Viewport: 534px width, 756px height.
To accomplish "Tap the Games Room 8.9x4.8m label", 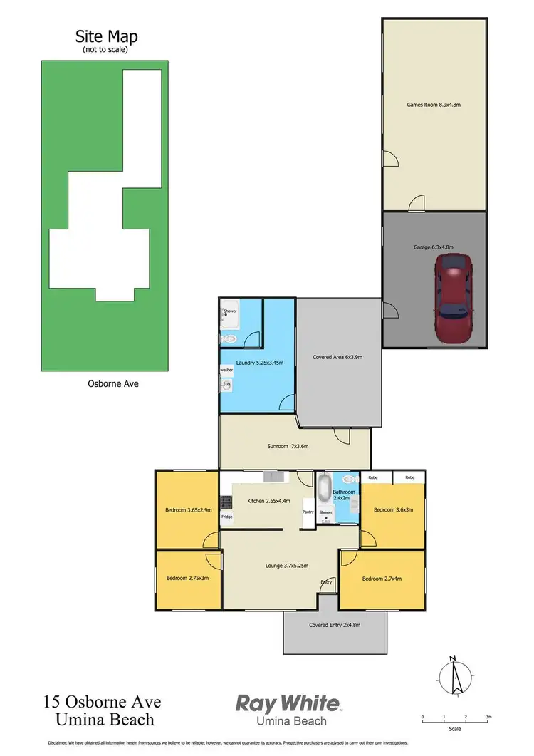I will pyautogui.click(x=434, y=105).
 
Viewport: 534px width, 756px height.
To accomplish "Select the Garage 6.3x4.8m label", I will pyautogui.click(x=433, y=247).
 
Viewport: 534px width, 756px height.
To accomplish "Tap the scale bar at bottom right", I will pyautogui.click(x=455, y=721).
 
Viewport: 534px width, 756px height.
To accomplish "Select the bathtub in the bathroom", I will pyautogui.click(x=325, y=490).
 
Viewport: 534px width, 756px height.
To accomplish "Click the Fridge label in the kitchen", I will pyautogui.click(x=226, y=517).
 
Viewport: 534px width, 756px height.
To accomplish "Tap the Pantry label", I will pyautogui.click(x=308, y=512).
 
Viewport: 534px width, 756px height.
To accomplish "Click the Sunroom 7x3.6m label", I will pyautogui.click(x=288, y=446).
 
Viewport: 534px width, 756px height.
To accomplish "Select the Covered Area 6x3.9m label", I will pyautogui.click(x=337, y=357).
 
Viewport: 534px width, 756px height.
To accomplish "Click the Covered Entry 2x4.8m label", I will pyautogui.click(x=335, y=626).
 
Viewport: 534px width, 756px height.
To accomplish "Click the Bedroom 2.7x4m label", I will pyautogui.click(x=382, y=579).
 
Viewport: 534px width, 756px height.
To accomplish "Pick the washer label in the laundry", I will pyautogui.click(x=226, y=370).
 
